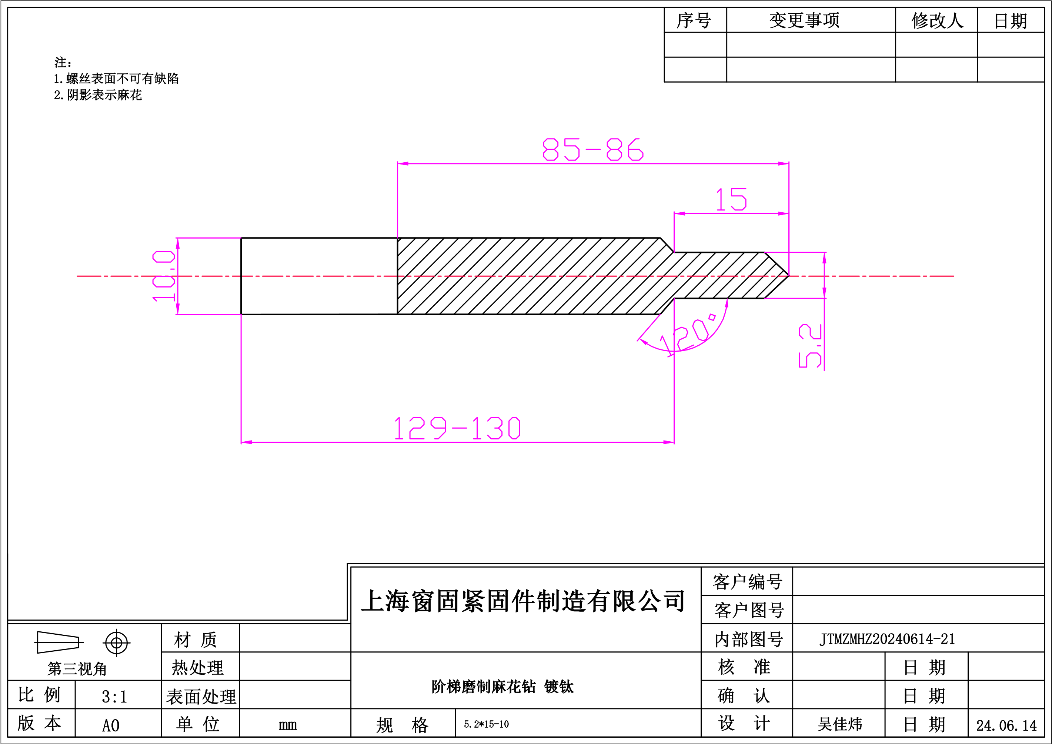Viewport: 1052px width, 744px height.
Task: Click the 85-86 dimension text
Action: tap(593, 149)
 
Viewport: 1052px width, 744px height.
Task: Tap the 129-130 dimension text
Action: tap(457, 428)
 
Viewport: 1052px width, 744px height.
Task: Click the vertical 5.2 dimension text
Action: tap(810, 346)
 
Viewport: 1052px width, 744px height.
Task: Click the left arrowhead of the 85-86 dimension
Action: tap(402, 164)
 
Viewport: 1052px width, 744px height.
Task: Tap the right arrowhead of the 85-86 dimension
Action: tap(784, 164)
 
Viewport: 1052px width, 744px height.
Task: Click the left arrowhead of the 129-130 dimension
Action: tap(247, 442)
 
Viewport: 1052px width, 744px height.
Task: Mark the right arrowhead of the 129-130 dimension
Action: tap(669, 442)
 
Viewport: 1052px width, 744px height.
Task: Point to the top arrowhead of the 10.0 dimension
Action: tap(178, 243)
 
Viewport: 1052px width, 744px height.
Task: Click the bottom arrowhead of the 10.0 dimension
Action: tap(178, 309)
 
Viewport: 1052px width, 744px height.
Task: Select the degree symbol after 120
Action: tap(712, 317)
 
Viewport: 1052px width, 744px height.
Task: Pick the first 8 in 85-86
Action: tap(550, 149)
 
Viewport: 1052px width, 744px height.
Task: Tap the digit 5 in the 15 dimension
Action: tap(739, 199)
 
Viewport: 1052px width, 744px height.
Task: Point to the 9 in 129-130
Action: tap(440, 428)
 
